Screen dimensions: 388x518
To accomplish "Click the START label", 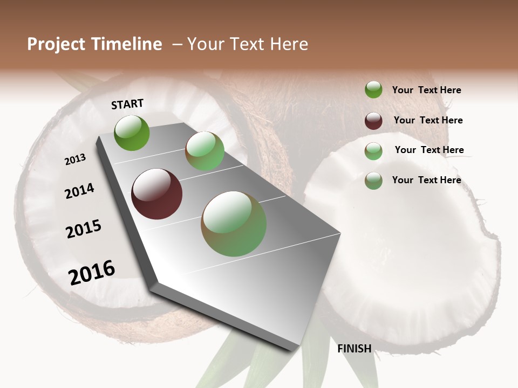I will (x=127, y=104).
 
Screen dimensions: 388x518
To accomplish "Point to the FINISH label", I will (x=354, y=349).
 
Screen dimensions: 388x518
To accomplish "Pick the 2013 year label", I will (x=75, y=160).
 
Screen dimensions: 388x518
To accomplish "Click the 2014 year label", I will (x=79, y=191).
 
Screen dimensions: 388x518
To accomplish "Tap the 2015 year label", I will (x=84, y=229).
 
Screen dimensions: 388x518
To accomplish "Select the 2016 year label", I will (x=92, y=273).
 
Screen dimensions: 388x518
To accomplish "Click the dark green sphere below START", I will (x=132, y=133).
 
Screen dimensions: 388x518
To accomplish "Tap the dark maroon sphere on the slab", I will (x=156, y=194).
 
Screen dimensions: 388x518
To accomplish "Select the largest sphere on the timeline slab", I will (x=234, y=224).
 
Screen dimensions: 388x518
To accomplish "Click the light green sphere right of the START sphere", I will (x=205, y=151).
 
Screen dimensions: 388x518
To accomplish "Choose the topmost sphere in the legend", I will (x=373, y=89).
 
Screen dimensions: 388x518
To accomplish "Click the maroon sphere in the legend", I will (x=373, y=121).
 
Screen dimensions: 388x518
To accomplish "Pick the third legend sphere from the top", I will (x=373, y=151).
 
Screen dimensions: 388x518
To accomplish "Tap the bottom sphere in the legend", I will (x=373, y=181).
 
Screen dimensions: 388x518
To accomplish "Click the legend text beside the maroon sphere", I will (x=428, y=120).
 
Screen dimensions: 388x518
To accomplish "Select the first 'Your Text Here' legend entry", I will (x=426, y=90).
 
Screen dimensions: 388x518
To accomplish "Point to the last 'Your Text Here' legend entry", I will (x=426, y=180).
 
